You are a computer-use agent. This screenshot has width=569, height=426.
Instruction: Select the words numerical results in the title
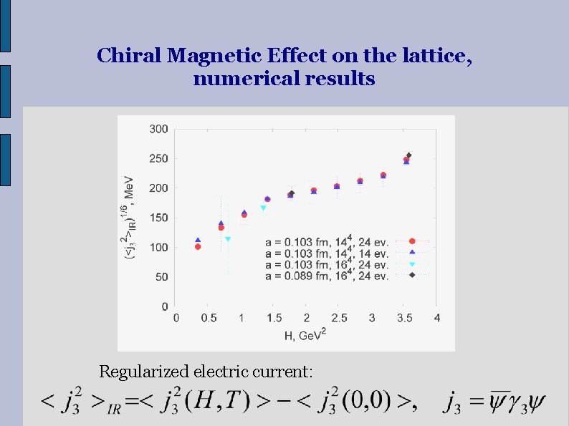tap(284, 79)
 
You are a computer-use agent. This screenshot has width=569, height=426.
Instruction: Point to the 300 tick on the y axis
tap(159, 129)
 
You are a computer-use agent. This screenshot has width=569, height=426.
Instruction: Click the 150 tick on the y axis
tap(159, 218)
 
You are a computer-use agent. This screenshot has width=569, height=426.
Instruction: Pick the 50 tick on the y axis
tap(162, 276)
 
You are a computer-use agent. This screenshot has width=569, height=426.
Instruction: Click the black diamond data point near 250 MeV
tap(408, 155)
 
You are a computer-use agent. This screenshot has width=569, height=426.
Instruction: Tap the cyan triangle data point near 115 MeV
tap(228, 239)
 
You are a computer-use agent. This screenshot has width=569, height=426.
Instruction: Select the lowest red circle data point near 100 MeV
tap(198, 247)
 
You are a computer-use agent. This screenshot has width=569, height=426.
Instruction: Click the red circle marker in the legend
tap(412, 241)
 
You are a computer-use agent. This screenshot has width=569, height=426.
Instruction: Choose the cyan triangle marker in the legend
tap(412, 265)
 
